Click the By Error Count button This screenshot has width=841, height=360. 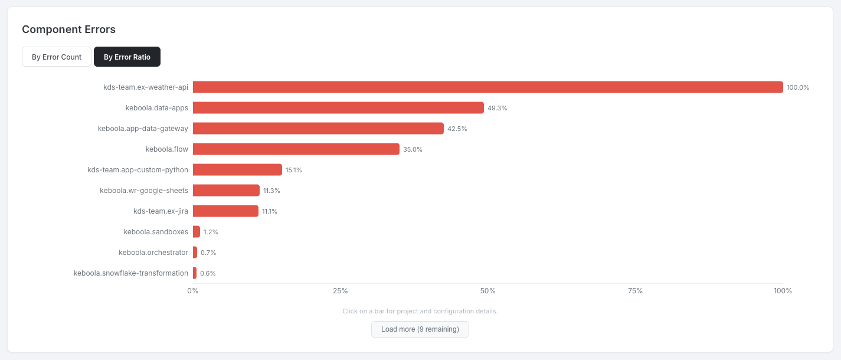point(57,57)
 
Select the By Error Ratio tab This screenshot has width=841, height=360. point(127,57)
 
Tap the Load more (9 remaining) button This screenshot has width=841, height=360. point(420,329)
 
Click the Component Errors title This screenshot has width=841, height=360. point(68,30)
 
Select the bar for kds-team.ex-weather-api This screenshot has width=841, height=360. point(487,87)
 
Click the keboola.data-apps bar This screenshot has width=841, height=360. point(338,108)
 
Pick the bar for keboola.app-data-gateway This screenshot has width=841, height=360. point(318,129)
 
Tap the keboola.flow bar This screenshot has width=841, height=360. point(296,149)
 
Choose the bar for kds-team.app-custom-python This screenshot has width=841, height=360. point(237,170)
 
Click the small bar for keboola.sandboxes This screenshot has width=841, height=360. point(197,232)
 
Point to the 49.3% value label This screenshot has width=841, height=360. point(498,109)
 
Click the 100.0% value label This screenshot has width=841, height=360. point(798,88)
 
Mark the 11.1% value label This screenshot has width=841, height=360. point(270,212)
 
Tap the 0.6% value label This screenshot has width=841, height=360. point(208,274)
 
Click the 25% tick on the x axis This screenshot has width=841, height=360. point(341,291)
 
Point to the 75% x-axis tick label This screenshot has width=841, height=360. point(636,291)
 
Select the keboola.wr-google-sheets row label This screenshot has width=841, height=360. point(144,191)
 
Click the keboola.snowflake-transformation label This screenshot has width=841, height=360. point(131,273)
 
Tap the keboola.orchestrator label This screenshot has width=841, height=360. point(153,253)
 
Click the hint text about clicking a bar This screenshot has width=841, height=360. point(420,311)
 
